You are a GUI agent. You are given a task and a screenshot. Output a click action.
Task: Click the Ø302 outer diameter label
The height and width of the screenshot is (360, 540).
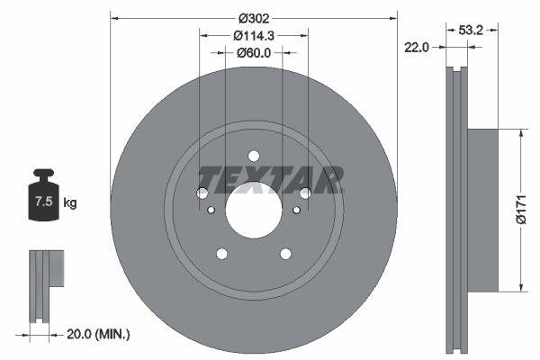(x=253, y=17)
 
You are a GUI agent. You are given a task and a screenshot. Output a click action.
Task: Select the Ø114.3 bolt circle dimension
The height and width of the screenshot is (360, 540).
(x=253, y=36)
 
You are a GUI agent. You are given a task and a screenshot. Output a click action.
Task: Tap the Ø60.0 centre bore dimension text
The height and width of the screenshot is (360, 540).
(x=253, y=54)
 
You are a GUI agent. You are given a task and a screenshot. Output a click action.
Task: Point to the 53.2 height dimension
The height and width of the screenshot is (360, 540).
(x=472, y=30)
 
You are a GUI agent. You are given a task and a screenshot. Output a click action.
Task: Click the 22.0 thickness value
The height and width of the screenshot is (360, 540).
(x=417, y=46)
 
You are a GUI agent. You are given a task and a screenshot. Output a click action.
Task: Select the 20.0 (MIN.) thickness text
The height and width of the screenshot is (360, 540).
(x=98, y=334)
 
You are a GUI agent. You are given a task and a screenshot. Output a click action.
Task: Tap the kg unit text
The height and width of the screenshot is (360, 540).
(x=70, y=203)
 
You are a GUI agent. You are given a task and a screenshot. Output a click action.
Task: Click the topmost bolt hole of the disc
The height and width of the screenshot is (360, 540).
(x=253, y=155)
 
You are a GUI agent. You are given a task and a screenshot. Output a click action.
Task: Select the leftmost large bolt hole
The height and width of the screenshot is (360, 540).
(x=202, y=193)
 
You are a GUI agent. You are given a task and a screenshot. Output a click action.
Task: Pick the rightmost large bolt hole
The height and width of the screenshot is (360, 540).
(x=305, y=193)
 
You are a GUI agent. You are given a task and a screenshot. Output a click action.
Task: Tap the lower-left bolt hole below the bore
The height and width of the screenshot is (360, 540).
(x=221, y=254)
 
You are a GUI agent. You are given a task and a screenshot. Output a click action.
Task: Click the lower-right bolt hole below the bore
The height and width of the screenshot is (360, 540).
(x=285, y=254)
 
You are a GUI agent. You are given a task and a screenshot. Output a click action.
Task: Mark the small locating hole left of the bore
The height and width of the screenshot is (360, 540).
(x=211, y=211)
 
